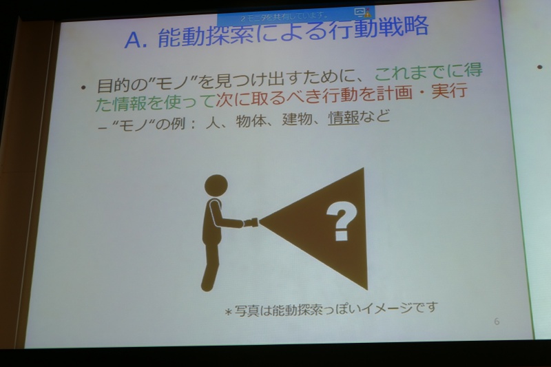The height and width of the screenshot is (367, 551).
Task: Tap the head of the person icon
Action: (216, 185)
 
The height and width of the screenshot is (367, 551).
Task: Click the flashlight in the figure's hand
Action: (251, 222)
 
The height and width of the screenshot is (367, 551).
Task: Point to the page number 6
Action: (497, 322)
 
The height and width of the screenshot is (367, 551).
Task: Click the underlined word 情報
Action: (344, 118)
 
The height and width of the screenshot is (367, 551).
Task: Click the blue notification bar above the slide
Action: (296, 14)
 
